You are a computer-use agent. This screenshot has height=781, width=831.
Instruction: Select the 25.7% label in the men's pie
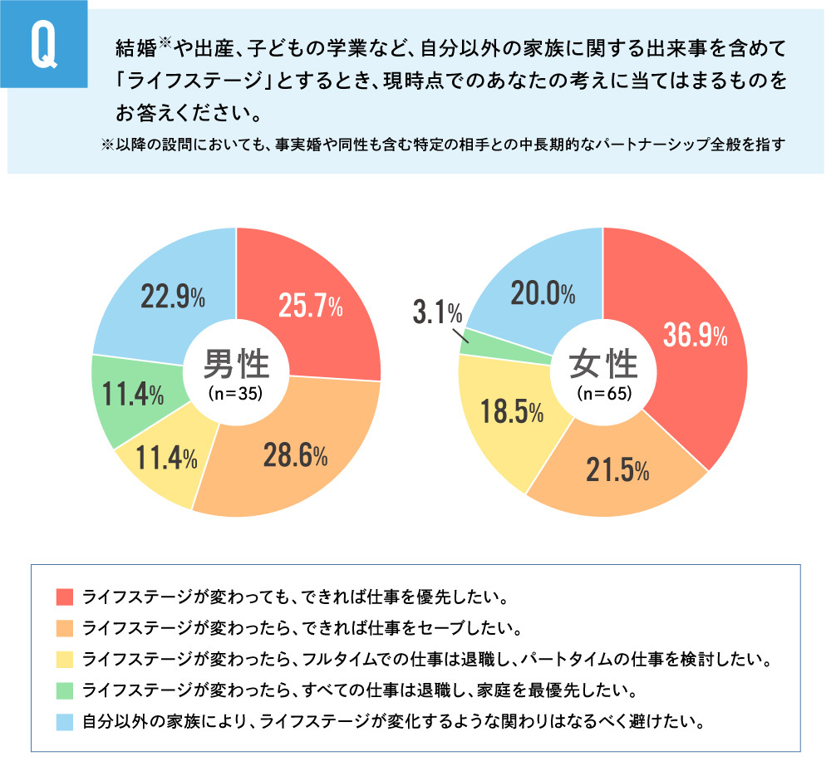click(309, 307)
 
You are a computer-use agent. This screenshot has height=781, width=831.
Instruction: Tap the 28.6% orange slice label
click(295, 454)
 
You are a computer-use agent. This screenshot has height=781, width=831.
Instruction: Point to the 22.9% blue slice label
click(173, 297)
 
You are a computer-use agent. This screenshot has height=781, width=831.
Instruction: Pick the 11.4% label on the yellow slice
click(166, 456)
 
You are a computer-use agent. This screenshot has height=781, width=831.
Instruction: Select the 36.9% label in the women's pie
click(695, 335)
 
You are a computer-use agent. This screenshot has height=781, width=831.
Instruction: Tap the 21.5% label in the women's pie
click(616, 470)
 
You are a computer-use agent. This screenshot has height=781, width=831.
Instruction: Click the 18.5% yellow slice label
click(511, 412)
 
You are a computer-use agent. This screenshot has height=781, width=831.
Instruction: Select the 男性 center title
click(236, 363)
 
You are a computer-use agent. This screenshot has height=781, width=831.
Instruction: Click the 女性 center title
click(603, 363)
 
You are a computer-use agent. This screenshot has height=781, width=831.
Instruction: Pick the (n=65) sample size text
click(603, 394)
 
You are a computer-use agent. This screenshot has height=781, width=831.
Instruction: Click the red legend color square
click(64, 597)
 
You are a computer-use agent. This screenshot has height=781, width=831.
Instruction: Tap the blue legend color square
click(64, 720)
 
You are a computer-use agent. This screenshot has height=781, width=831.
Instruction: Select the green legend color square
click(64, 689)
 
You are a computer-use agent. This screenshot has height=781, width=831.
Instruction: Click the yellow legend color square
click(64, 658)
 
